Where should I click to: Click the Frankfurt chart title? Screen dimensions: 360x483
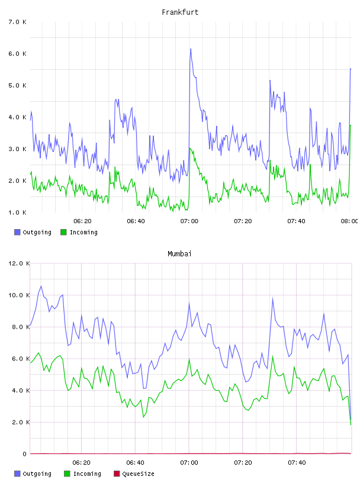pyautogui.click(x=180, y=12)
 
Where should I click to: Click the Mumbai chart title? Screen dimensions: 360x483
pyautogui.click(x=179, y=254)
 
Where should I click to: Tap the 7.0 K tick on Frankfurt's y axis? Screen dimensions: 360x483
pyautogui.click(x=17, y=22)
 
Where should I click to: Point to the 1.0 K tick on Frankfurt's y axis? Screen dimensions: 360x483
pyautogui.click(x=17, y=212)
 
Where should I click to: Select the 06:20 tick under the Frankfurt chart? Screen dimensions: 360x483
pyautogui.click(x=82, y=221)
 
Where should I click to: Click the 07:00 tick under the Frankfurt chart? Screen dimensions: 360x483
pyautogui.click(x=189, y=221)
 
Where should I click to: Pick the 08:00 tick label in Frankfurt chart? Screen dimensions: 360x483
pyautogui.click(x=349, y=221)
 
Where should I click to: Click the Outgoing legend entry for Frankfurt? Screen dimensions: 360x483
pyautogui.click(x=33, y=232)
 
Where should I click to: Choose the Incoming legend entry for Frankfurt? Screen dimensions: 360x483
pyautogui.click(x=79, y=232)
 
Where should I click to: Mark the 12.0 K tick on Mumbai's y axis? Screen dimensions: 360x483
pyautogui.click(x=19, y=263)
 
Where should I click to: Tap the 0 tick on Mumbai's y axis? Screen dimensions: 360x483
pyautogui.click(x=25, y=454)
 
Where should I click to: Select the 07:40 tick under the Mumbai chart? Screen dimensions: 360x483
pyautogui.click(x=297, y=462)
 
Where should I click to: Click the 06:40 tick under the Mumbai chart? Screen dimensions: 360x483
pyautogui.click(x=135, y=462)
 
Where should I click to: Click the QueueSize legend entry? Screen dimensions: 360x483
pyautogui.click(x=134, y=474)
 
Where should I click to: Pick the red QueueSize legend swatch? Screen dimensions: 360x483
pyautogui.click(x=117, y=474)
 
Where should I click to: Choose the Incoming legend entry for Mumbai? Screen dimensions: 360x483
pyautogui.click(x=82, y=474)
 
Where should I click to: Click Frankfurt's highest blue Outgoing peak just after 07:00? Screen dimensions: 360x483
pyautogui.click(x=191, y=49)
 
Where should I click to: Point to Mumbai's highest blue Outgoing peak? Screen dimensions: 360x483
pyautogui.click(x=41, y=286)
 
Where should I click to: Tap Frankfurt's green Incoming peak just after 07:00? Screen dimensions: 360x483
pyautogui.click(x=190, y=148)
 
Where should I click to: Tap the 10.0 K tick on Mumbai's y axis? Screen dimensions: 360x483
pyautogui.click(x=19, y=295)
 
